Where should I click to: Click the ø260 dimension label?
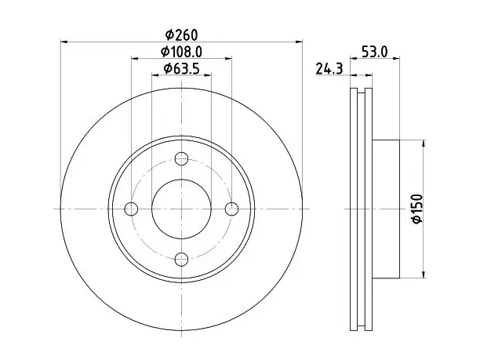coord(181,35)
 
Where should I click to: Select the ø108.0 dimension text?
coord(181,52)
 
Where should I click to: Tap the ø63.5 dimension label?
coord(181,68)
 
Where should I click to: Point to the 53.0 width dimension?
coord(375,52)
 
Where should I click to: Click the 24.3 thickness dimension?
coord(329,68)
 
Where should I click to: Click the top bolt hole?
coord(181,158)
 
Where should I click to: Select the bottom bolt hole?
coord(181,260)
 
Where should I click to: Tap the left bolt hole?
coord(131,209)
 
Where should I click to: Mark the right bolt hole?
coord(231,209)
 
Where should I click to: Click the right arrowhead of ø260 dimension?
coord(299,42)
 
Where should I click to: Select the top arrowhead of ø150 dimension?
coord(424,144)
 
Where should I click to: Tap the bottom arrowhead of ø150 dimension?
coord(424,275)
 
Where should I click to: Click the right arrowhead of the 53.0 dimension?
coord(396,57)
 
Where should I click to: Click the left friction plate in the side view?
coord(354,209)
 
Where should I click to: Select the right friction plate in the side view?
coord(369,209)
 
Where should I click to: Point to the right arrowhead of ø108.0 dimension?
coord(228,58)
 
